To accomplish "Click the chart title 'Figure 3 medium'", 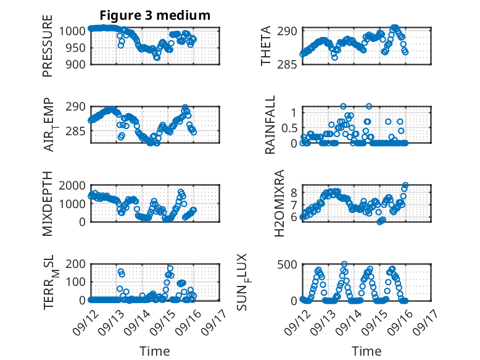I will pos(155,15).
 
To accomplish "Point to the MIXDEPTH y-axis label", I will pos(48,204).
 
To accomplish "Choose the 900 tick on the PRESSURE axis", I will pos(77,64).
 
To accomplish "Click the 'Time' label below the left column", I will pos(155,351).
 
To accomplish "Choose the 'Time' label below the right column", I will pos(366,351).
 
